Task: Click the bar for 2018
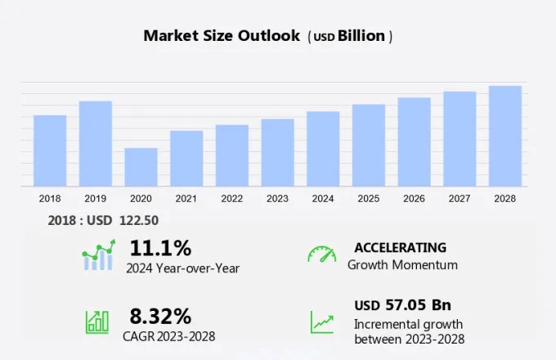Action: click(x=50, y=151)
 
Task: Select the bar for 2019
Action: click(x=96, y=144)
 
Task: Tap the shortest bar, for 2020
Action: click(x=141, y=167)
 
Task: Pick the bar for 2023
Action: click(x=277, y=153)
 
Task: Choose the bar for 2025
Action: click(x=369, y=146)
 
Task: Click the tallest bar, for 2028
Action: click(x=505, y=136)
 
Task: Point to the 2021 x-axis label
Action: click(x=186, y=199)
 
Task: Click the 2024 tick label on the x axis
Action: click(x=323, y=199)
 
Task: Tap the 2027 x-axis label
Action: click(x=460, y=199)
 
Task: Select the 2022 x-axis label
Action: click(x=231, y=199)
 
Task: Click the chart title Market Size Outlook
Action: click(x=221, y=35)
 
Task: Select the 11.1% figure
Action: click(x=160, y=247)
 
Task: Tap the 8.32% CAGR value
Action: click(x=160, y=316)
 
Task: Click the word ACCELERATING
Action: click(x=400, y=247)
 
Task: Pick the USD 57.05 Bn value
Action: click(x=402, y=305)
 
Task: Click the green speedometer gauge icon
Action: click(x=321, y=254)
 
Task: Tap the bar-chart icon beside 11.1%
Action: click(x=98, y=256)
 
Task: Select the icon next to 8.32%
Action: click(x=98, y=322)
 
